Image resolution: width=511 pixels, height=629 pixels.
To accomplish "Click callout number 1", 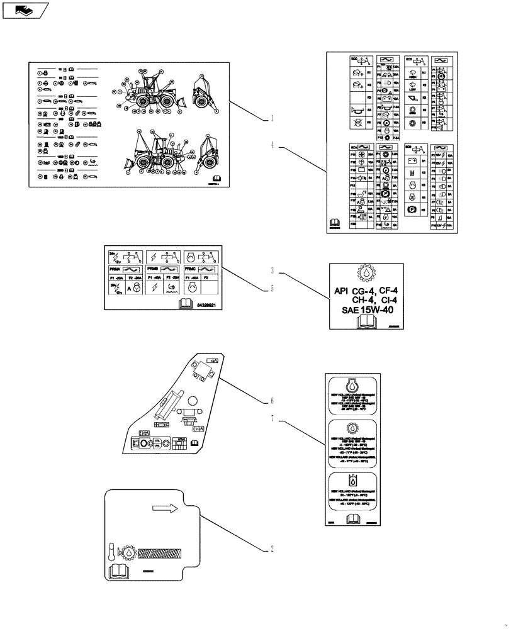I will click(271, 118).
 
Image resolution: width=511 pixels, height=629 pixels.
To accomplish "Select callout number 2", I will click(271, 548).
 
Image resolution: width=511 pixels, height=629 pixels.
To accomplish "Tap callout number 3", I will click(271, 271).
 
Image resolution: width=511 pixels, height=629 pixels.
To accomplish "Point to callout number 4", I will click(271, 145).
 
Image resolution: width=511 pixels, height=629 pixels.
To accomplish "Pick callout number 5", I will click(271, 289).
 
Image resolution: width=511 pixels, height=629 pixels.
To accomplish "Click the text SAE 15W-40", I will click(366, 310).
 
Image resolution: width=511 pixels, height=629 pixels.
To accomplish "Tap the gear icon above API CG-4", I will click(366, 274).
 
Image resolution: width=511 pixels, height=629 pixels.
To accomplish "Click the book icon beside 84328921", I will click(185, 304).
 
